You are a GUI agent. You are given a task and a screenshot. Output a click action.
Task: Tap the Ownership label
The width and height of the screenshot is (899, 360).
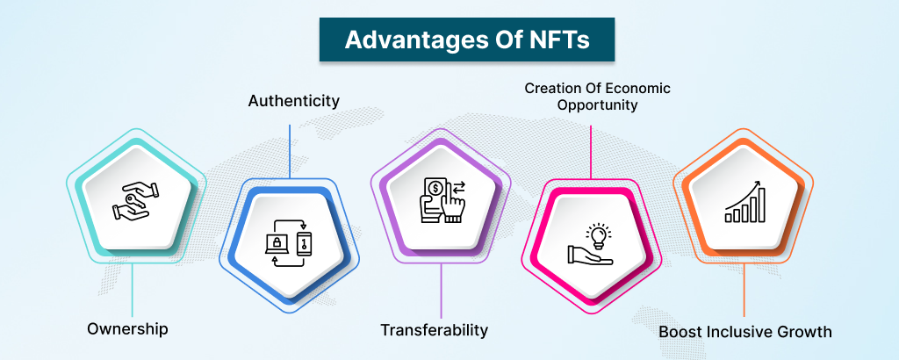[127, 328]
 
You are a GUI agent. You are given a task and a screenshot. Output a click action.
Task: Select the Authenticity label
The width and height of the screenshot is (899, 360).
[294, 100]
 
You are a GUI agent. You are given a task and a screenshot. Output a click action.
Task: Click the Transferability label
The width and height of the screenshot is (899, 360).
[434, 330]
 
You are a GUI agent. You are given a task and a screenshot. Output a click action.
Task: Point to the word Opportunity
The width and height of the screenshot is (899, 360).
[590, 104]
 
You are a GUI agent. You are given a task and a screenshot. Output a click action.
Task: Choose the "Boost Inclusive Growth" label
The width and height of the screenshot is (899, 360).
[744, 332]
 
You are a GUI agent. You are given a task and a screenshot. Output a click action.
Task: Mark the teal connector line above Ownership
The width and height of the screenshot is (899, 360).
[133, 290]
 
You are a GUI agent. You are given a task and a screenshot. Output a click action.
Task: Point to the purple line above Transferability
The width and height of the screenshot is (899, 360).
[442, 293]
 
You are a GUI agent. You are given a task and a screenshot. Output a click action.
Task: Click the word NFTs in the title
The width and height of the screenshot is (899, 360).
[554, 40]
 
